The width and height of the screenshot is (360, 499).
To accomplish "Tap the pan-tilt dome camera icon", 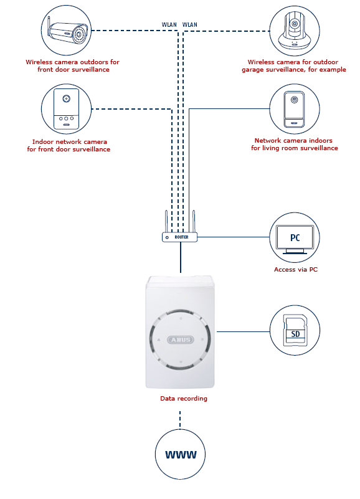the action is tap(295, 31).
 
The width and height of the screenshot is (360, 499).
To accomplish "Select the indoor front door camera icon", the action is tap(66, 109).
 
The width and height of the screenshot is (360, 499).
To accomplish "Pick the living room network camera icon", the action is tap(295, 109).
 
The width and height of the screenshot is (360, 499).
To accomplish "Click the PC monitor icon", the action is tap(295, 239).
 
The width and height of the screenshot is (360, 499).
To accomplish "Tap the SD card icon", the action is tap(295, 330).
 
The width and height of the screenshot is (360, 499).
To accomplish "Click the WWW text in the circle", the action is tap(181, 454).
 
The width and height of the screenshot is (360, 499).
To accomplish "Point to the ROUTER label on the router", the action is tap(181, 237).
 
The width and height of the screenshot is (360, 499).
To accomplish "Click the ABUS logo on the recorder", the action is tap(181, 340).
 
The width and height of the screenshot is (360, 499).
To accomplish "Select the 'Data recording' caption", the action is tap(184, 399).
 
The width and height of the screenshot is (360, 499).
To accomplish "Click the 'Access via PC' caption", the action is tap(296, 270).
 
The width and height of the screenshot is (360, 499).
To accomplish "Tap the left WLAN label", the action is tap(169, 24).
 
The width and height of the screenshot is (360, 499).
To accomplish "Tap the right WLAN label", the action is tap(190, 24).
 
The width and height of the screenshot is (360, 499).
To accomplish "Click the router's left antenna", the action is tap(166, 221).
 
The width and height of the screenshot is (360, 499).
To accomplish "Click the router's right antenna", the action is tap(194, 221).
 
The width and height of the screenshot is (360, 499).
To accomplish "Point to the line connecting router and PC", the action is tap(234, 237).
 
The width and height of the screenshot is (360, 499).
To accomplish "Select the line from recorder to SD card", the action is tap(243, 331).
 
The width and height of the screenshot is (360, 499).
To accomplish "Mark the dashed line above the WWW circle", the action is tap(180, 419).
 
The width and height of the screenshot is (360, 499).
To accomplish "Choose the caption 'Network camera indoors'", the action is tap(293, 140).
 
